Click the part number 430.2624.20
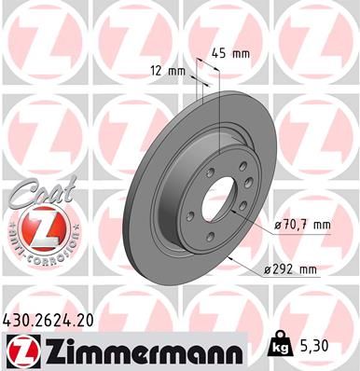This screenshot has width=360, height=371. [54, 320]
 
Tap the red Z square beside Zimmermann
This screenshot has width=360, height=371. [21, 350]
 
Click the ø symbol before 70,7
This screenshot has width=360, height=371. [280, 226]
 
